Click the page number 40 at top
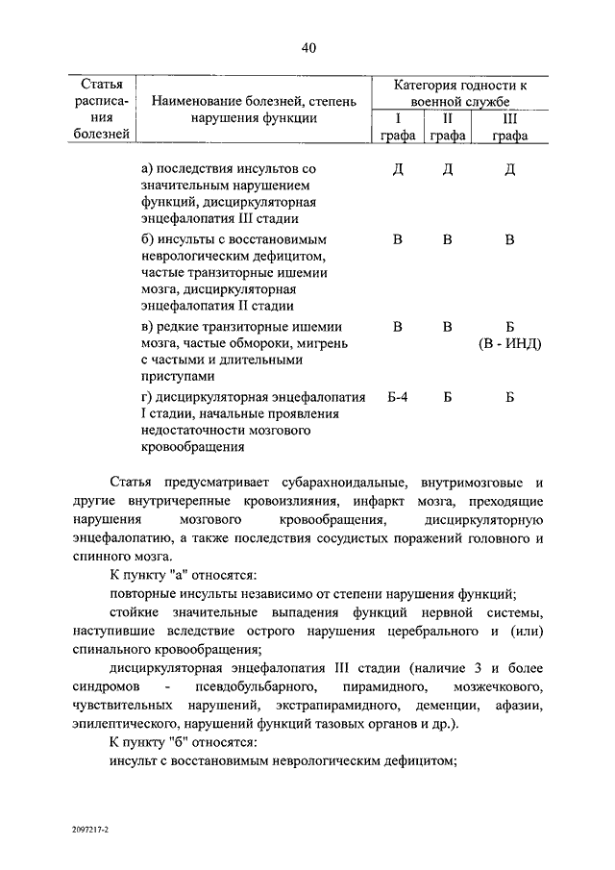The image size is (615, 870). pyautogui.click(x=307, y=49)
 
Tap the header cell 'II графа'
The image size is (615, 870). pyautogui.click(x=447, y=127)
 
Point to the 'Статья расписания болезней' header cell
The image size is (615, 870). pyautogui.click(x=101, y=109)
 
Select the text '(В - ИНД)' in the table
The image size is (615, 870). pyautogui.click(x=509, y=343)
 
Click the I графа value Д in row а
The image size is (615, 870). pyautogui.click(x=397, y=169)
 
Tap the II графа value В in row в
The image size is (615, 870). pyautogui.click(x=447, y=326)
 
